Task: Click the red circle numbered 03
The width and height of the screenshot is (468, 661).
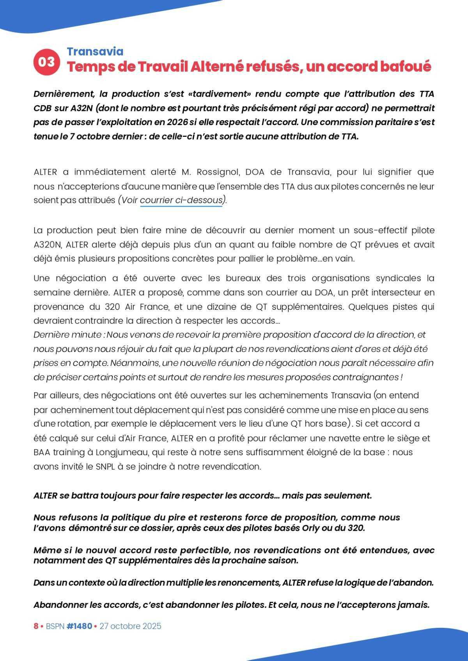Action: tap(47, 62)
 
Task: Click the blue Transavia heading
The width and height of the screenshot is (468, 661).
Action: tap(95, 51)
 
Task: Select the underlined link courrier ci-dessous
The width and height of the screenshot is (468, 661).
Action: tap(181, 200)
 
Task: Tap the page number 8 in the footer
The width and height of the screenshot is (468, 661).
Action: tap(36, 626)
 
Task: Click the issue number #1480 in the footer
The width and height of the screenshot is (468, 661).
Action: tap(79, 626)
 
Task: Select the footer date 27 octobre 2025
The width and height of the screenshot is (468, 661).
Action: tap(130, 626)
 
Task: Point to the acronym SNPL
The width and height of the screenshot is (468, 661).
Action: tap(105, 467)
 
